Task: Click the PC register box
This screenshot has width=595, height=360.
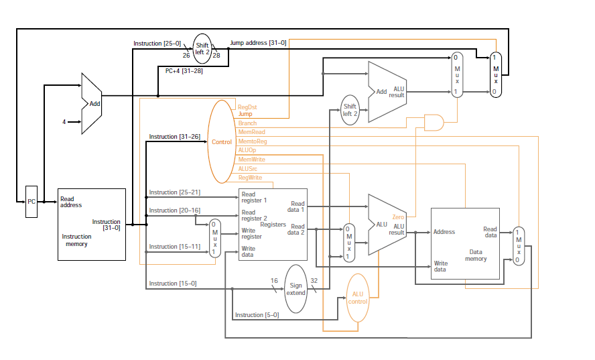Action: coord(31,201)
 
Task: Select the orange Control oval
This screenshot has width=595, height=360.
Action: coord(222,142)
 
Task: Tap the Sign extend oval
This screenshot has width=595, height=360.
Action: coord(295,289)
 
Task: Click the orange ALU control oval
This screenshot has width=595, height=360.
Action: coord(358,298)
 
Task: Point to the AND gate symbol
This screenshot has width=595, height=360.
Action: coord(434,123)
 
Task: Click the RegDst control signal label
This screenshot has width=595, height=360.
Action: coord(247,107)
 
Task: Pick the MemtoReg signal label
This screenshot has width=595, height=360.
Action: coord(253,141)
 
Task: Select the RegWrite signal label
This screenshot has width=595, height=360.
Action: coord(250,177)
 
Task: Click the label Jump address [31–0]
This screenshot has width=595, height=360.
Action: coord(258,43)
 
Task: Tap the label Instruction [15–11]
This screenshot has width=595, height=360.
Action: coord(174,247)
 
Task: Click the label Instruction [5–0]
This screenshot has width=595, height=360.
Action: coord(257,314)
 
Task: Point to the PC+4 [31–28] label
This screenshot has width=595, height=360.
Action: coord(184,70)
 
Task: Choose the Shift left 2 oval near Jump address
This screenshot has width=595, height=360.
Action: coord(202,48)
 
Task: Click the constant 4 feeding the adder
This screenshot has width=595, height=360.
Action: coord(64,122)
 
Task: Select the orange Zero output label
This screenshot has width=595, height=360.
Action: coord(398,217)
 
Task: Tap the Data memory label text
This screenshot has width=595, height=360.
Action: coord(476,255)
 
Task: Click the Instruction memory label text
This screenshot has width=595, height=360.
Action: coord(76,240)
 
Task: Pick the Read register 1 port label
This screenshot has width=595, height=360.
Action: coord(254,197)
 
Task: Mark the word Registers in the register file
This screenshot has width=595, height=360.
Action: coord(273,224)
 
